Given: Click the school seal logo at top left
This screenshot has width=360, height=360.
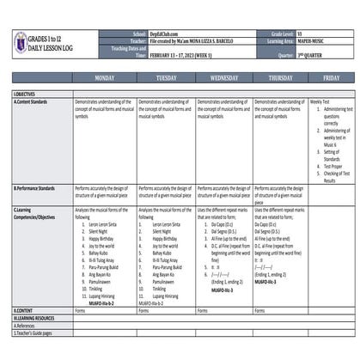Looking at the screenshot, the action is pos(21,41).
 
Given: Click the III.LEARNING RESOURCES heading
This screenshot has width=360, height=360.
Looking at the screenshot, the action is pos(37,317).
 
